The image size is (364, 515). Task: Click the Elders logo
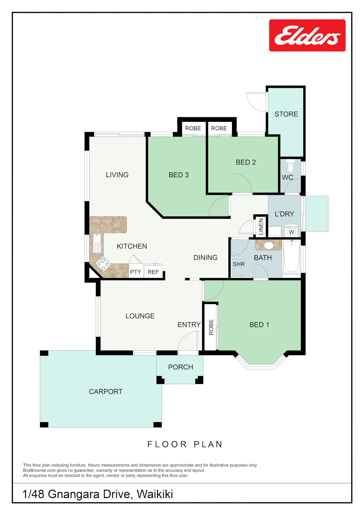tap(307, 36)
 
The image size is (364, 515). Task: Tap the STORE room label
tap(286, 114)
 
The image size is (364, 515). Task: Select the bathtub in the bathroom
tap(292, 256)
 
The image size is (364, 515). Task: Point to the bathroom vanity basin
tap(269, 245)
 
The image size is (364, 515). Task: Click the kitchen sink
tap(97, 243)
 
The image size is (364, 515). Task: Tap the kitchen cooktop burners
tap(103, 263)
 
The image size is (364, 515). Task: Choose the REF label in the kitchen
tap(153, 272)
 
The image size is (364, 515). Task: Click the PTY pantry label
tap(136, 272)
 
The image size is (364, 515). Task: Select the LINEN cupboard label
tap(261, 227)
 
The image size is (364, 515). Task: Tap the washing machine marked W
tap(292, 232)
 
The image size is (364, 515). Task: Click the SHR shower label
tap(238, 264)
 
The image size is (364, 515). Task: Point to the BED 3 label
tap(179, 175)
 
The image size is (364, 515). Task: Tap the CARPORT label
tap(106, 391)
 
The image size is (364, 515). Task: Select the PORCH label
tap(180, 367)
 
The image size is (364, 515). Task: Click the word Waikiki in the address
tap(155, 494)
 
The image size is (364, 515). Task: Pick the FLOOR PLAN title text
tap(185, 444)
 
